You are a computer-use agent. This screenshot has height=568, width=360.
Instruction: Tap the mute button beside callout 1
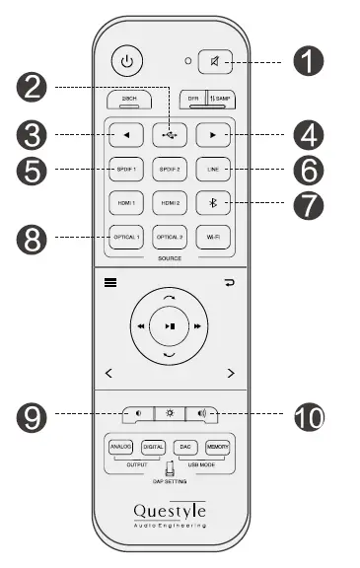point(215,61)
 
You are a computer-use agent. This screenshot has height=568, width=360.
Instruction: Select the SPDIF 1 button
point(123,168)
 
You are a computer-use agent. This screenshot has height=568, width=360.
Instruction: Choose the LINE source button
point(214,168)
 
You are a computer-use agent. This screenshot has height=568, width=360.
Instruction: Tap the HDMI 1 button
point(123,202)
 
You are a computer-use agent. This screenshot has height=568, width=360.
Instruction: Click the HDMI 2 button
point(169,202)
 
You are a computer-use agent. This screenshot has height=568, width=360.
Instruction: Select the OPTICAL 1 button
point(123,237)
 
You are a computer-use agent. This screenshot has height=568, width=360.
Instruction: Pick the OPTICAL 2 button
point(169,237)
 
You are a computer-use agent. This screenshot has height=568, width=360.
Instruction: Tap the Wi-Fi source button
point(214,237)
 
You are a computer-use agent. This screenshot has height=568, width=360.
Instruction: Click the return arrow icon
point(231,282)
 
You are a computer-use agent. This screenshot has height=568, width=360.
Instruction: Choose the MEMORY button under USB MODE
point(219,447)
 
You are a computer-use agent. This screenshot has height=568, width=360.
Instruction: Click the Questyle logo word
point(170,510)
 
